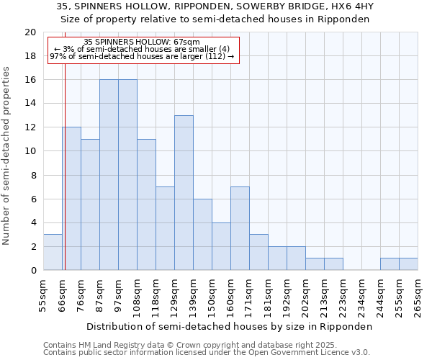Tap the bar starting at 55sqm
(x=53, y=253)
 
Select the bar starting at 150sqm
(x=221, y=246)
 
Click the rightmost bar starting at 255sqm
(x=408, y=264)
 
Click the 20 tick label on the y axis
(x=30, y=32)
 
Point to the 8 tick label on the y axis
(x=32, y=175)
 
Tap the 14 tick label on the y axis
(x=30, y=104)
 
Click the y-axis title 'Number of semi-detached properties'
(x=6, y=156)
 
